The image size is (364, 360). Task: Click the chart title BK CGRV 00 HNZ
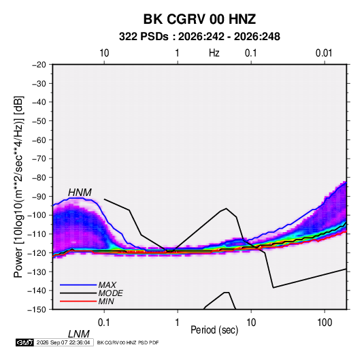point(199,19)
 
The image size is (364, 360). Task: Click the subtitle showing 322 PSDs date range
point(199,37)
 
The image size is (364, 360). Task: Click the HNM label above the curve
point(80,193)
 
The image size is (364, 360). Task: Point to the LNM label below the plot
point(79,334)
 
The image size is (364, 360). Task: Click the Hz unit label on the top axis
point(214,53)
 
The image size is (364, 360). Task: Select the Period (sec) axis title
point(214,329)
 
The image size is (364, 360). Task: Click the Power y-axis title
point(18,186)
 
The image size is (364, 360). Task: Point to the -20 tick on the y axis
point(39,65)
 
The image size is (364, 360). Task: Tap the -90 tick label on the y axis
point(39,196)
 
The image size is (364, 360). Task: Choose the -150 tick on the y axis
point(37,310)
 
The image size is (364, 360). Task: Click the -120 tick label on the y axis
point(37,252)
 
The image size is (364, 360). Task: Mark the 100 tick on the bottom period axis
point(325,322)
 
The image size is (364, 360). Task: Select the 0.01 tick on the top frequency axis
point(324,53)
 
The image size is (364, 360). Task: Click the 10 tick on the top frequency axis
point(104,53)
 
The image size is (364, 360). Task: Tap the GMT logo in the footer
point(25,342)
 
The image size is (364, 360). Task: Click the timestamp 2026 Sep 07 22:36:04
point(63,342)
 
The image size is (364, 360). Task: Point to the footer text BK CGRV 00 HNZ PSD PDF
point(128,342)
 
